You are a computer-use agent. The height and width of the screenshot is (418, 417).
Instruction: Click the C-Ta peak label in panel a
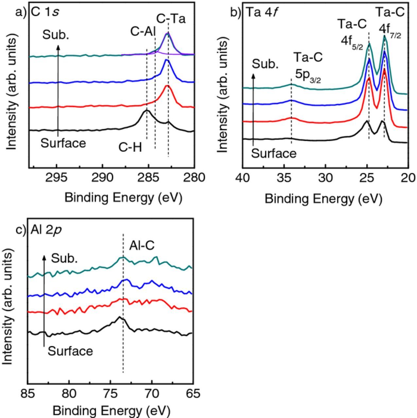pos(171,19)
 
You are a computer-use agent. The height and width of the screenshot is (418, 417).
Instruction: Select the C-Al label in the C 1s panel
pos(143,32)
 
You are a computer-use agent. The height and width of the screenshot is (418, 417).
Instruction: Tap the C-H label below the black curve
pos(130,148)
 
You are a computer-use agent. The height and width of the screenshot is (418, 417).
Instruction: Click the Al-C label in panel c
pos(142,246)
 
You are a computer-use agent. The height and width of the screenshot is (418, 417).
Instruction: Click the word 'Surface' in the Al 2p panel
pos(70,351)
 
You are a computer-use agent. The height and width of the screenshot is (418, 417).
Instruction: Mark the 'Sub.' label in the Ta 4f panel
pos(265,64)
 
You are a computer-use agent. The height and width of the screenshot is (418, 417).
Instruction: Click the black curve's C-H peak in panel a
pos(147,111)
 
